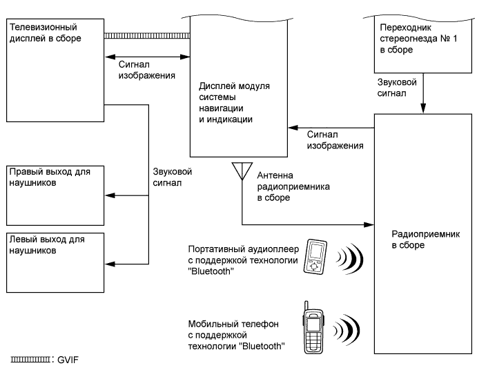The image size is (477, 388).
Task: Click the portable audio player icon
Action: point(316,258)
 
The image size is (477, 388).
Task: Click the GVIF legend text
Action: point(69,360)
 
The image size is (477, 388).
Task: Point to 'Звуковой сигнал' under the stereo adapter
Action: point(396,86)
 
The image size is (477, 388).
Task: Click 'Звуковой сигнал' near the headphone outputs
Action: point(170,177)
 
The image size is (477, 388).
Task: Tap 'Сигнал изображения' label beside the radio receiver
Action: point(335,141)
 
